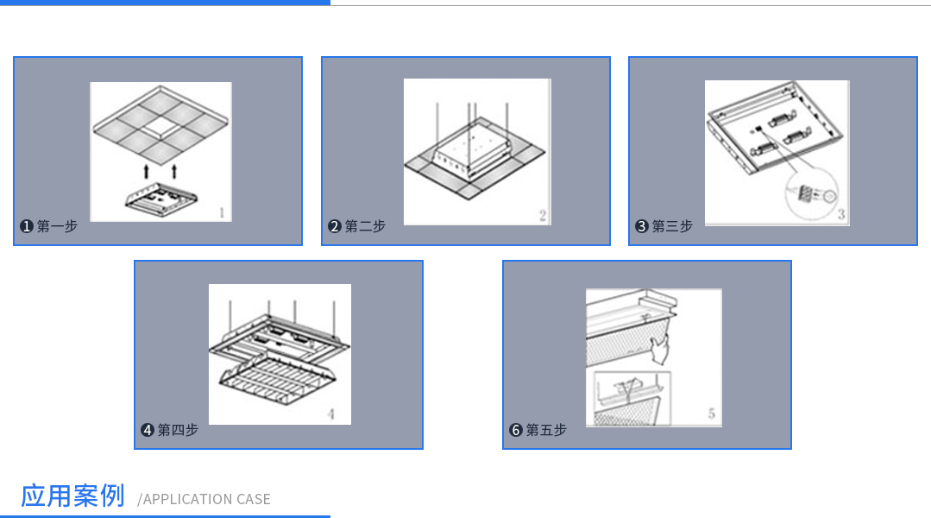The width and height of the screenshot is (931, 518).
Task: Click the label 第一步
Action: pyautogui.click(x=57, y=226)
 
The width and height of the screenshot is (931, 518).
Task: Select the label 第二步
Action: pyautogui.click(x=365, y=226)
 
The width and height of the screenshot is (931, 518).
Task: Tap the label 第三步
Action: pyautogui.click(x=672, y=226)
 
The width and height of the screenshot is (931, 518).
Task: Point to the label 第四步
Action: pyautogui.click(x=178, y=430)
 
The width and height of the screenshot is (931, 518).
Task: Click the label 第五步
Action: pyautogui.click(x=546, y=430)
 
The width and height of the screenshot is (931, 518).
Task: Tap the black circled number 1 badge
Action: pyautogui.click(x=26, y=226)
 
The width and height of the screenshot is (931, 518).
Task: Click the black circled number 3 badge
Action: pyautogui.click(x=641, y=226)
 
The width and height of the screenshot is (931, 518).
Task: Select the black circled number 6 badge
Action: pyautogui.click(x=515, y=430)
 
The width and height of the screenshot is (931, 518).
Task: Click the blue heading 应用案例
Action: pyautogui.click(x=72, y=496)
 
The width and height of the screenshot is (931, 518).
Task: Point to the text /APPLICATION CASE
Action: pyautogui.click(x=204, y=499)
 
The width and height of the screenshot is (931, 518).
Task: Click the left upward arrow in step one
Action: pyautogui.click(x=146, y=172)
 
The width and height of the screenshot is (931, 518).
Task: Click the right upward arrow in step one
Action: pyautogui.click(x=174, y=172)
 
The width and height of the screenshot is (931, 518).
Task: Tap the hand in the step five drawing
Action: pyautogui.click(x=660, y=350)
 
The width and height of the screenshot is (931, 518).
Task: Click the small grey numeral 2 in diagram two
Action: pyautogui.click(x=543, y=216)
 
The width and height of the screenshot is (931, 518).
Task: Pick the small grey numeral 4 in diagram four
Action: pyautogui.click(x=330, y=414)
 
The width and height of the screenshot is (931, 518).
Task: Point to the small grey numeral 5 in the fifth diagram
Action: pyautogui.click(x=711, y=414)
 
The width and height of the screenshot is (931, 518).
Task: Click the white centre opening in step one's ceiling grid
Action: pyautogui.click(x=160, y=125)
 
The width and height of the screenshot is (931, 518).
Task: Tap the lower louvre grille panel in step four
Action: pyautogui.click(x=277, y=381)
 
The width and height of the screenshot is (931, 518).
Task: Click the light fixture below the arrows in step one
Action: pyautogui.click(x=160, y=200)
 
